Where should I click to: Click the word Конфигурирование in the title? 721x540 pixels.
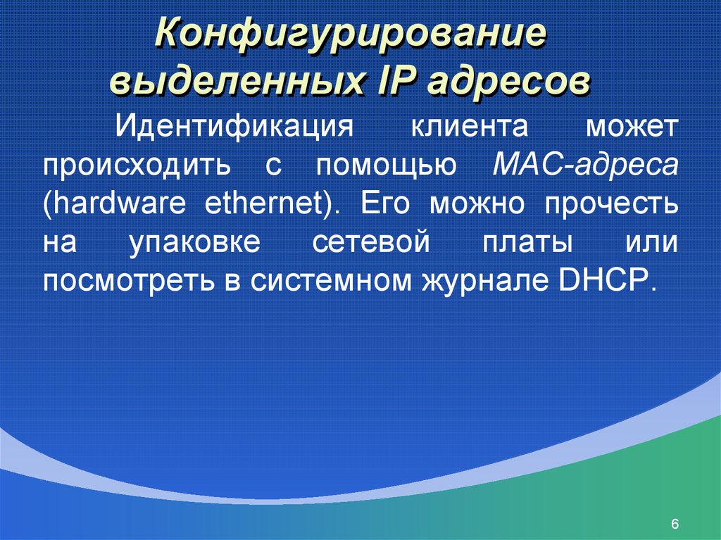point(351,35)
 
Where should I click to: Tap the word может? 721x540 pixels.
point(632,128)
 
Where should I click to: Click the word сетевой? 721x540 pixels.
point(370,241)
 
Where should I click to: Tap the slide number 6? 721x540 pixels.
point(675,523)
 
